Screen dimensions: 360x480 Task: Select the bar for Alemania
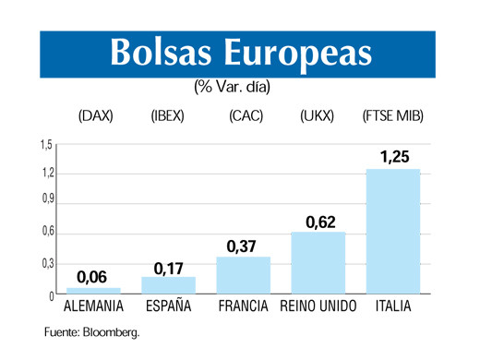93,290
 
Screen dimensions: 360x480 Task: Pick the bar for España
168,285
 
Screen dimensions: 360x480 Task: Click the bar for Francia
243,275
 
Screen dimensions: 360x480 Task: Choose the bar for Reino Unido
318,262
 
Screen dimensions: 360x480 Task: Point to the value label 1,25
394,156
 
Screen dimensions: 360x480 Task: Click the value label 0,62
319,220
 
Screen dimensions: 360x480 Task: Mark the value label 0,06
92,276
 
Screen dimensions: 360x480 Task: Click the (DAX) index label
96,117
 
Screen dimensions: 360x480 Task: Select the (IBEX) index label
168,117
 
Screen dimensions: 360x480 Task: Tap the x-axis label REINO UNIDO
318,306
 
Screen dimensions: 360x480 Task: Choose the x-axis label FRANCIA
243,306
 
